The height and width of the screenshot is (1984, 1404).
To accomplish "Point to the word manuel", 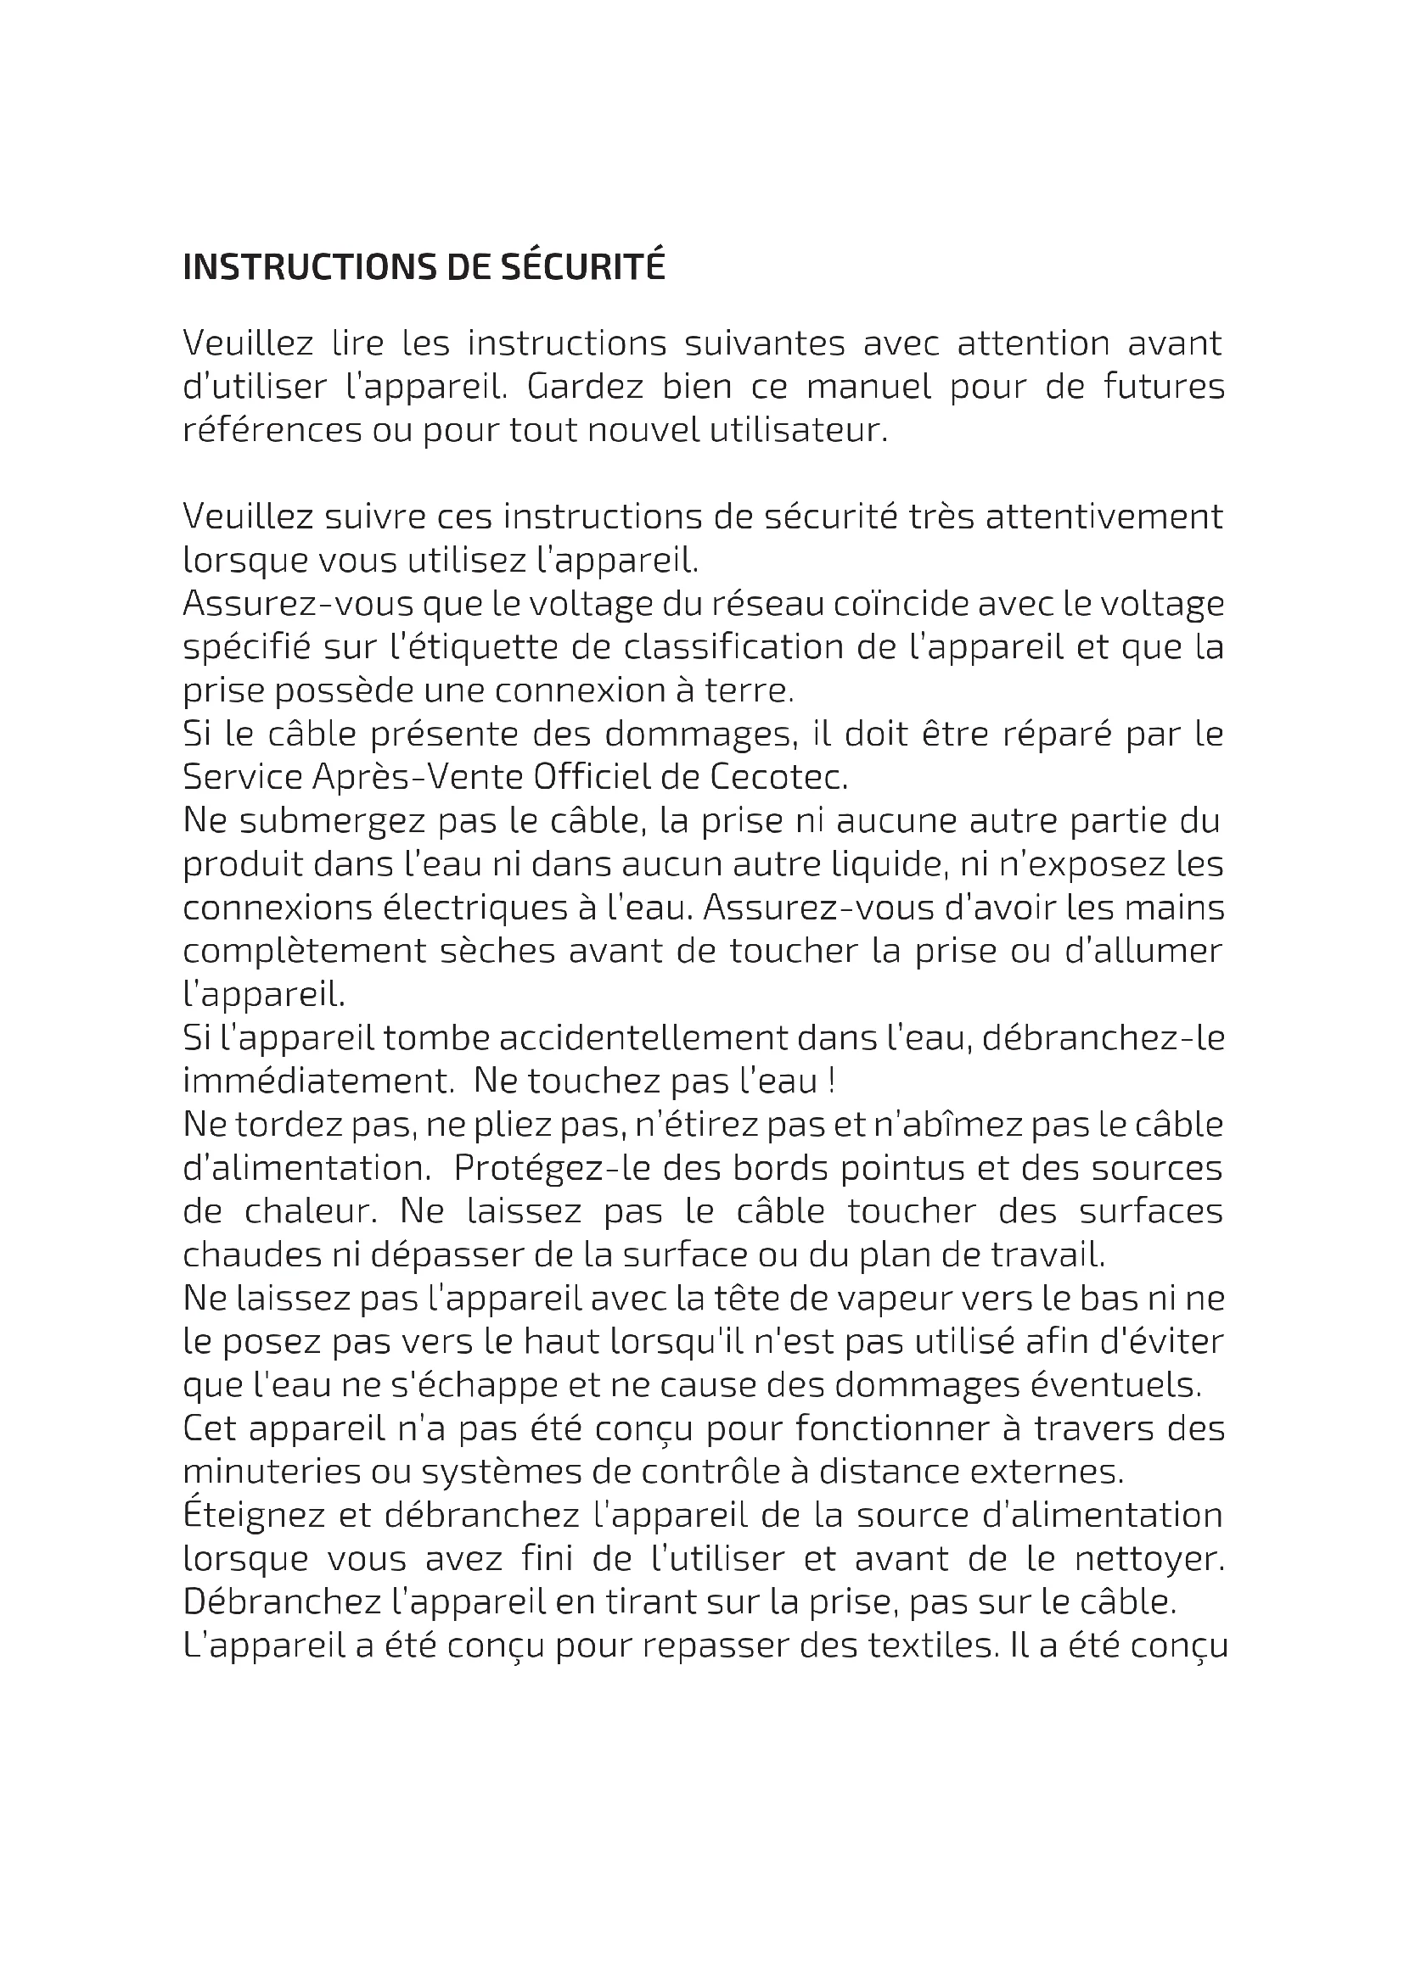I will point(868,386).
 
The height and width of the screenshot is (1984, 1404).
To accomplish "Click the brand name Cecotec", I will point(779,778).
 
